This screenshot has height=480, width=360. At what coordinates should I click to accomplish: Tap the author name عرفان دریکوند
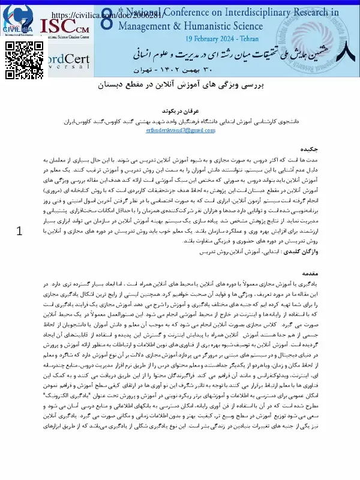coord(180,111)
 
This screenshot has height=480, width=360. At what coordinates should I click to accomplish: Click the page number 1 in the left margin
coord(21,214)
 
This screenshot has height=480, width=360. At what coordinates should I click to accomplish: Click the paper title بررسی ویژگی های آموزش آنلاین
coord(180,86)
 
